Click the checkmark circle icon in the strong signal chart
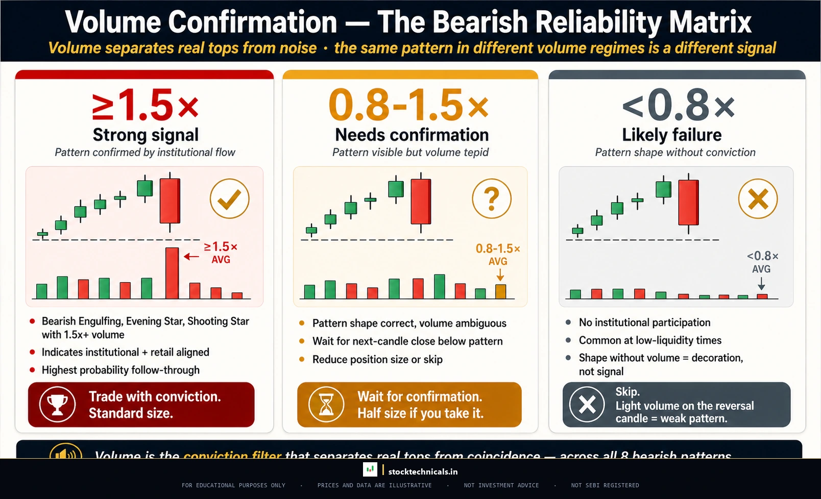coord(229,199)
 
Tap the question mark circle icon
coord(491,199)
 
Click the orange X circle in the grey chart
coord(758,199)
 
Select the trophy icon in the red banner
coord(58,405)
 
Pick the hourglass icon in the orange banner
coord(326,405)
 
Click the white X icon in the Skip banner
coord(587,405)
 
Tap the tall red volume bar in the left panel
coord(172,273)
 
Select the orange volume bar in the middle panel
coord(500,291)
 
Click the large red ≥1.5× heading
coord(145,106)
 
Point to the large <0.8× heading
coord(678,106)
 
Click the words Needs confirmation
coord(412,135)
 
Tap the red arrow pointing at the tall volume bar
coord(191,257)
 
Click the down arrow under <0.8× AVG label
coord(761,283)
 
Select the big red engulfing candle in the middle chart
coord(421,202)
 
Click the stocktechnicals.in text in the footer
coord(423,471)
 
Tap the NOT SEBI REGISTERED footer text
coord(605,485)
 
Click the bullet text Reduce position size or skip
coord(377,359)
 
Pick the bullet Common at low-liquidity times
coord(650,340)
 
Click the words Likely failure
coord(671,135)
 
